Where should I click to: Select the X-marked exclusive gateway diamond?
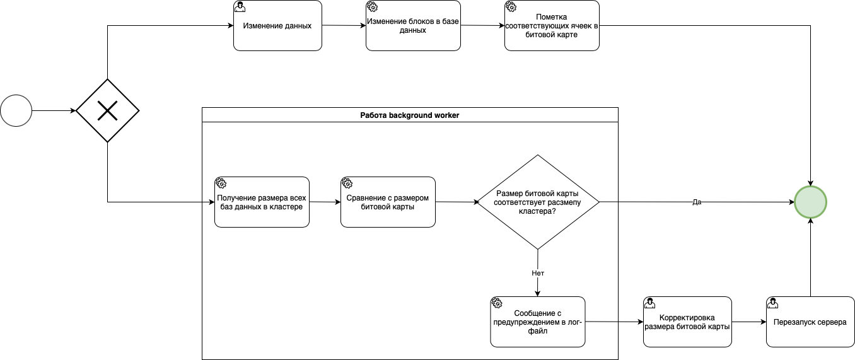108,111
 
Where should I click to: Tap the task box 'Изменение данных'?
277,26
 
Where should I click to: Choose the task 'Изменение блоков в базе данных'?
413,26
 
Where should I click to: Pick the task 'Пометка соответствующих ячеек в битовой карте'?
552,26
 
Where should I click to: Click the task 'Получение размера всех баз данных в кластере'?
262,202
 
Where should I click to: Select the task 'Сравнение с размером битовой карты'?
388,202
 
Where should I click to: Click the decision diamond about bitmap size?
538,202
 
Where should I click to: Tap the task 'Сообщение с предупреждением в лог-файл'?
537,322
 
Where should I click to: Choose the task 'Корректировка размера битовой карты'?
687,322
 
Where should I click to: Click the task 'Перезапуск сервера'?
810,322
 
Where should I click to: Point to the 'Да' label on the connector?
697,202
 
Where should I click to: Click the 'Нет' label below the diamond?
538,273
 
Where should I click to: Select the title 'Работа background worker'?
410,115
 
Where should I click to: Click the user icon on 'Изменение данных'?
240,6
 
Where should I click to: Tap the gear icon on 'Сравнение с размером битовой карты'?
347,183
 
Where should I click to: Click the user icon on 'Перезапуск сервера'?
772,303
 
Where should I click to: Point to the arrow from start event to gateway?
54,111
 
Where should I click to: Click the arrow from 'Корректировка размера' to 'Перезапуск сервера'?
749,322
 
